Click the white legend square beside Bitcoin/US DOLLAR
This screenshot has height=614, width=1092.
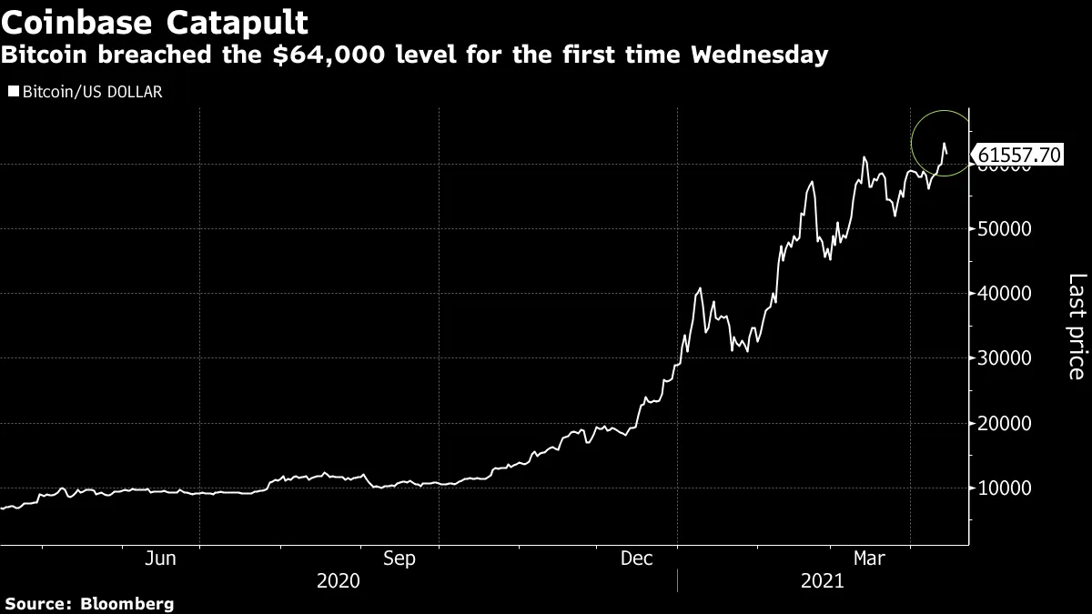click(13, 92)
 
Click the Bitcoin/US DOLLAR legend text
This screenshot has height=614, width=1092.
click(93, 92)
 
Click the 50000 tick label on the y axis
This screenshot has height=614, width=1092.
click(1005, 229)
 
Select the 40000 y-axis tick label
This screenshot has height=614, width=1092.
click(1005, 294)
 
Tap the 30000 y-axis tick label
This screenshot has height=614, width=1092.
click(1005, 358)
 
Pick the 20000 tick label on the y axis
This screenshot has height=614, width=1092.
click(1005, 424)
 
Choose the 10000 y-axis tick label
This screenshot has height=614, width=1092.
click(1005, 488)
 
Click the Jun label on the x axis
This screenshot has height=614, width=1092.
click(160, 559)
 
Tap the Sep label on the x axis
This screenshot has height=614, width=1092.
click(399, 559)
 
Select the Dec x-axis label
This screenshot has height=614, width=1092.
click(637, 559)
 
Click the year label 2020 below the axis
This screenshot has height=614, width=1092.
click(338, 580)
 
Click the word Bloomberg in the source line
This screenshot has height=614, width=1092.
click(127, 603)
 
